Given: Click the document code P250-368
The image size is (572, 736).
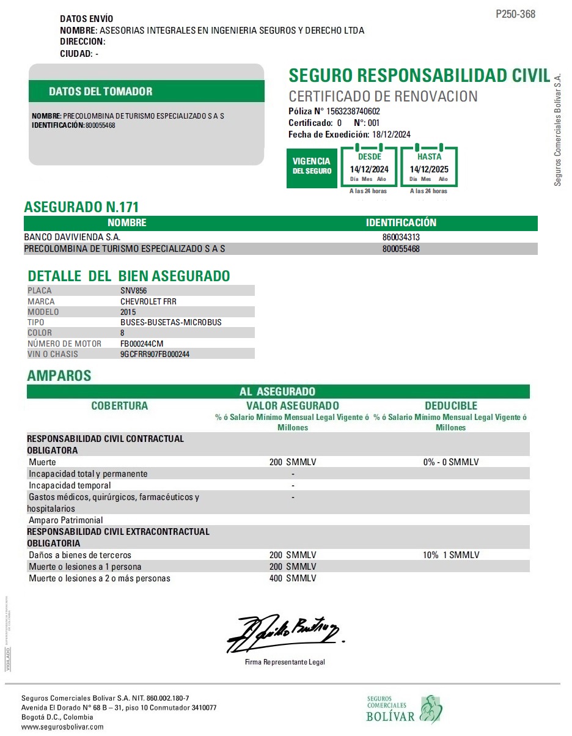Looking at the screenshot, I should point(515,14).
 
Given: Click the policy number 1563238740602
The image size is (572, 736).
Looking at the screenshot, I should point(353,111).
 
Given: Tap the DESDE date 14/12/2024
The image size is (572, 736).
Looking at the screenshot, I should point(369,169).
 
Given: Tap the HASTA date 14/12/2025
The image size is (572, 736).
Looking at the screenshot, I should point(429,169).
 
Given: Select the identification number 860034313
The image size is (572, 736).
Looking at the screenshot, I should point(401,237).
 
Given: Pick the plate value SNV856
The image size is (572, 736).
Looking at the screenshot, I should point(134,291).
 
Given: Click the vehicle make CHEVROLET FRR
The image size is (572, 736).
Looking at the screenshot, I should point(148,301).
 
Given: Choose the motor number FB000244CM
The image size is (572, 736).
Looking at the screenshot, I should point(142,344).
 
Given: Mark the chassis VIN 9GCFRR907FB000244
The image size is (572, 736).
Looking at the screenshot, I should point(155,354).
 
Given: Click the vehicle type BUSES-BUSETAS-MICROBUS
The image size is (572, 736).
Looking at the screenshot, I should point(171,322).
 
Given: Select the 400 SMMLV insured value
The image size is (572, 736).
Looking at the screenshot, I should point(293,578).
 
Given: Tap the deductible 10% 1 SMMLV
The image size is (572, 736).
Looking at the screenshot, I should point(451,555).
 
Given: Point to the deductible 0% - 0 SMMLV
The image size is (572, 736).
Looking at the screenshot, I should point(451,462).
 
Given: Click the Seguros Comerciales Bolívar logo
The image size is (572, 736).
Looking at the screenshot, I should point(404,709).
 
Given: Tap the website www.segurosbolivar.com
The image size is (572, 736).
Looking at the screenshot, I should point(62,727).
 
